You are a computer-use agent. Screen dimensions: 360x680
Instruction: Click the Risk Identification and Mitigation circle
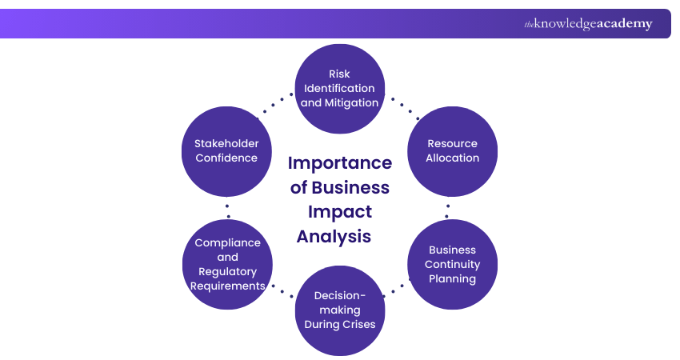tap(340, 88)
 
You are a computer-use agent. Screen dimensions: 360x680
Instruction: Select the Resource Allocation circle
tap(452, 150)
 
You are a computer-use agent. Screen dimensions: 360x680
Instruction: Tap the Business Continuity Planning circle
tap(452, 264)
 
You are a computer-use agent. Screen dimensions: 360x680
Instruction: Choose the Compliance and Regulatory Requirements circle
tap(228, 264)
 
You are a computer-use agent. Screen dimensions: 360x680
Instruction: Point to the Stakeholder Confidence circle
tap(226, 150)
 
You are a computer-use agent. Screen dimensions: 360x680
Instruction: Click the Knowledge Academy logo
tap(588, 24)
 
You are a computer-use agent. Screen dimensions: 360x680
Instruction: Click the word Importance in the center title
tap(340, 163)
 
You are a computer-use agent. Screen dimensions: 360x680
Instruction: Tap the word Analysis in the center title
tap(334, 236)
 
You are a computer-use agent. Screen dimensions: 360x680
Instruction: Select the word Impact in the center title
tap(340, 212)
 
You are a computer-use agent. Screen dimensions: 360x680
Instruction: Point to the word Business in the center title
tap(350, 188)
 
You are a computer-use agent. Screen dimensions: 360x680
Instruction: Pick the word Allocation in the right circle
tap(452, 158)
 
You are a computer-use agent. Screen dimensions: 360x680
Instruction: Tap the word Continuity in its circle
tap(452, 264)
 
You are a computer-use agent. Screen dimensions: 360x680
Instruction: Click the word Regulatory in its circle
tap(228, 271)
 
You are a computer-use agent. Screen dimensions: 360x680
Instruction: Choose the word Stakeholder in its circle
tap(226, 143)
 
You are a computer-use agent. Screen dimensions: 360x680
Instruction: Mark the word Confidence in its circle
tap(226, 158)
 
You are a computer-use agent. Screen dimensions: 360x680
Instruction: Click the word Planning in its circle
tap(452, 278)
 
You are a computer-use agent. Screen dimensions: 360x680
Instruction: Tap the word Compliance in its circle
tap(228, 242)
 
